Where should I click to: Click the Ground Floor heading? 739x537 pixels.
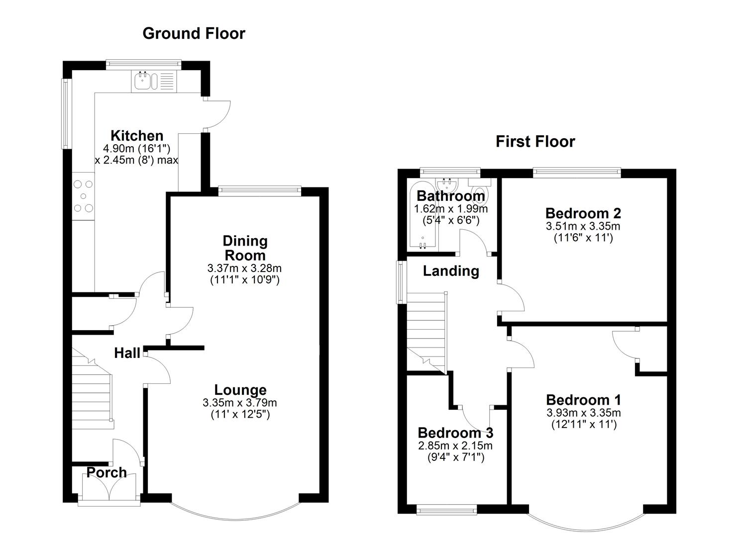click(x=194, y=34)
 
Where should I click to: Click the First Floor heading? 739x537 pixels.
click(x=535, y=142)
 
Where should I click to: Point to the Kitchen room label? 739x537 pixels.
click(x=137, y=136)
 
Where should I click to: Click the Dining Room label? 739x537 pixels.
click(x=245, y=248)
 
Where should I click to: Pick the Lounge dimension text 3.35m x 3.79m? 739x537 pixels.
click(x=240, y=403)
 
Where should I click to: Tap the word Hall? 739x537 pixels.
click(x=127, y=353)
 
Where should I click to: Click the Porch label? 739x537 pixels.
click(x=106, y=473)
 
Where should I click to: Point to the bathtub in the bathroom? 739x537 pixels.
click(x=422, y=214)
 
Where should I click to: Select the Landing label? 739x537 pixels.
click(x=451, y=271)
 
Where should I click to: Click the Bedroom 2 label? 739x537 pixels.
click(x=583, y=213)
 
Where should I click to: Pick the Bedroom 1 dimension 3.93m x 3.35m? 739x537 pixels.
click(x=584, y=412)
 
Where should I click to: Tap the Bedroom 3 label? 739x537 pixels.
click(x=455, y=433)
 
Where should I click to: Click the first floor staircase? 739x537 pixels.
click(x=427, y=333)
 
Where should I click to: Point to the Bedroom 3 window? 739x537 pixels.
click(x=447, y=511)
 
